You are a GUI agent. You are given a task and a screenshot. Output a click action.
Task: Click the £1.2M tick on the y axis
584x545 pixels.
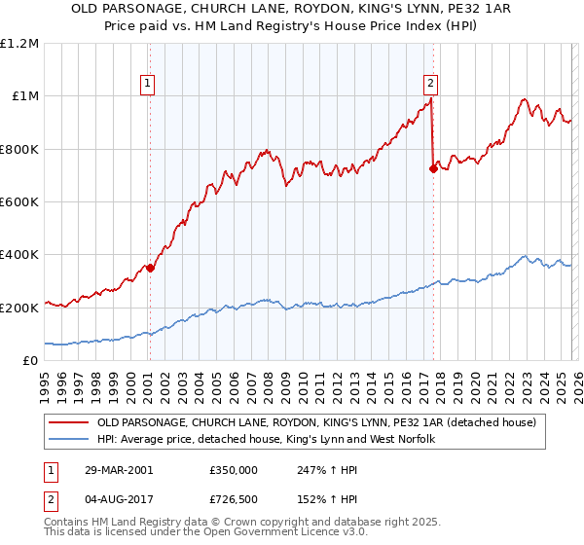coord(20,43)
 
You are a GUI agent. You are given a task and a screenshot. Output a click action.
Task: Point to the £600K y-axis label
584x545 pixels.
coord(20,201)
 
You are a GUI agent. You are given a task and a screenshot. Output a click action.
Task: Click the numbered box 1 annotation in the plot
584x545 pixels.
coord(147,84)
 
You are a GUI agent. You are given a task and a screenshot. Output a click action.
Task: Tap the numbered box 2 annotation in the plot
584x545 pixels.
coord(429,84)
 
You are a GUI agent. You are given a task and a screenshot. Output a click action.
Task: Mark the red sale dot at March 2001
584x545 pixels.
coord(150,268)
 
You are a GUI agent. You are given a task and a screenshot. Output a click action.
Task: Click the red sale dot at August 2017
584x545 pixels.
coord(433,168)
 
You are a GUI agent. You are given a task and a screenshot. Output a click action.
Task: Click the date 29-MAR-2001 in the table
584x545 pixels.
coord(118,469)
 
